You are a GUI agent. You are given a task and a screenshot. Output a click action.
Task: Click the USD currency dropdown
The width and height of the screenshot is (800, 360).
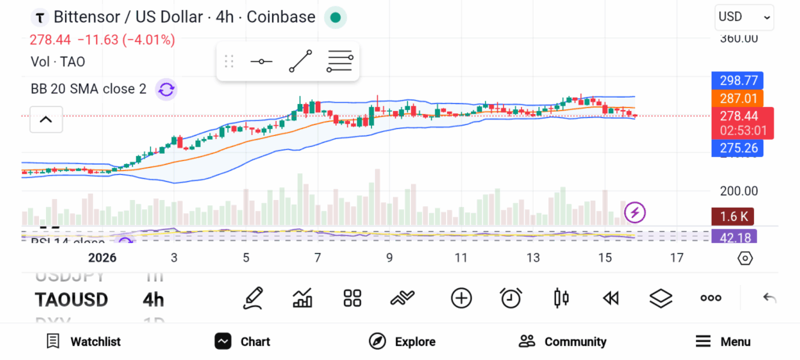pyautogui.click(x=744, y=16)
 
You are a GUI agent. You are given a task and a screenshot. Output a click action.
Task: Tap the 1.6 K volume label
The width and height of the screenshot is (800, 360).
pyautogui.click(x=733, y=216)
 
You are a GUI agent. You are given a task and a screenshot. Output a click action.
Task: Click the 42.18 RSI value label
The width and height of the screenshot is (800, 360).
pyautogui.click(x=734, y=237)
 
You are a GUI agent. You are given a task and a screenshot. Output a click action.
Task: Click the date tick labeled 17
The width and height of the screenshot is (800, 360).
pyautogui.click(x=677, y=258)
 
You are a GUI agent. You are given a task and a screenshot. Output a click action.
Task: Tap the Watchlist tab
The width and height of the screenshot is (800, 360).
pyautogui.click(x=84, y=341)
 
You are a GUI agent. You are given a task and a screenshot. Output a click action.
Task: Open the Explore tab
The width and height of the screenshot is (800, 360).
pyautogui.click(x=402, y=341)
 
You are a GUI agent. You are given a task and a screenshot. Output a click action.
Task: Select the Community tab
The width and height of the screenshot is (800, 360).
pyautogui.click(x=562, y=341)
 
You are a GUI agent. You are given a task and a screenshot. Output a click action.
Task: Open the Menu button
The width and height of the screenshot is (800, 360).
pyautogui.click(x=723, y=341)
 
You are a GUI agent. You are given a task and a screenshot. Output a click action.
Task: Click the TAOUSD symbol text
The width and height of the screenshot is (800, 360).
pyautogui.click(x=72, y=300)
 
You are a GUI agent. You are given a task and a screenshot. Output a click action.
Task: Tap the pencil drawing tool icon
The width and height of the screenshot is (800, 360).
pyautogui.click(x=252, y=298)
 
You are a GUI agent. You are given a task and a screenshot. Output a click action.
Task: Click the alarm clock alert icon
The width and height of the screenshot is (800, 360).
pyautogui.click(x=511, y=298)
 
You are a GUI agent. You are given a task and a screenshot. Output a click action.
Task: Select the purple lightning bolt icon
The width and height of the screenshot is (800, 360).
pyautogui.click(x=635, y=212)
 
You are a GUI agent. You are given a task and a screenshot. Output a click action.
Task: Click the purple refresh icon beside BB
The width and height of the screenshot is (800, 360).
pyautogui.click(x=166, y=89)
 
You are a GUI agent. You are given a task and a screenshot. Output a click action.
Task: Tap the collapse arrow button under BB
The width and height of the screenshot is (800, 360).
pyautogui.click(x=46, y=119)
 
